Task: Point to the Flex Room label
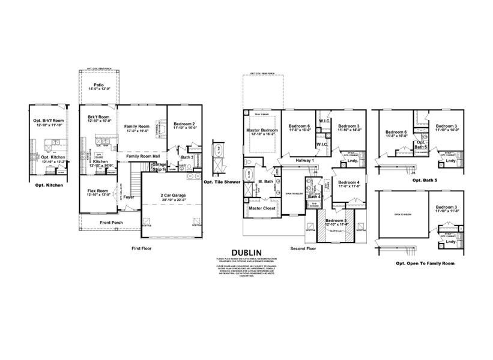(x=98, y=191)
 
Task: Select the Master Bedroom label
(x=261, y=130)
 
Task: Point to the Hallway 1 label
(x=305, y=161)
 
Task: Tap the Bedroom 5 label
(x=337, y=220)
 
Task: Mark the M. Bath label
(x=266, y=182)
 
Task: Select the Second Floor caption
(x=303, y=247)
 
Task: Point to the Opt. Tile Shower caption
(x=222, y=181)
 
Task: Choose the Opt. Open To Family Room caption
(x=417, y=263)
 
